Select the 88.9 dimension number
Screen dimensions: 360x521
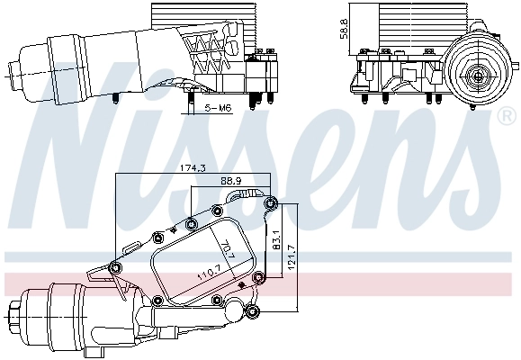(x=236, y=181)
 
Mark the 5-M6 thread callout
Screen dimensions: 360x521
(x=218, y=108)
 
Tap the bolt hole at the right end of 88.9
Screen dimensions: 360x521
(x=269, y=203)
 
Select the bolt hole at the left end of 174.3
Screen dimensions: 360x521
(x=114, y=266)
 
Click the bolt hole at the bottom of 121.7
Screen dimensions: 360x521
(x=253, y=311)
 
